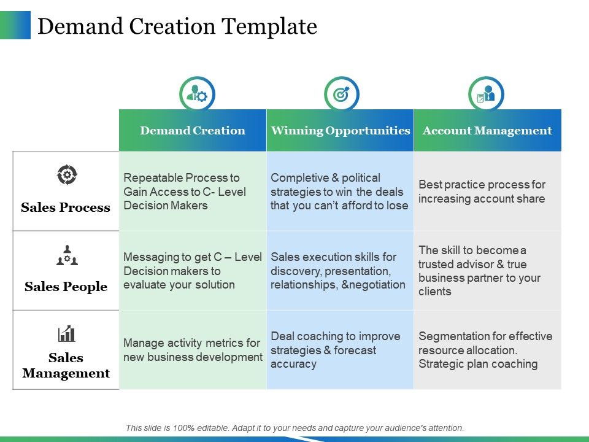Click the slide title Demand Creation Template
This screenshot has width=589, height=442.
pos(177,26)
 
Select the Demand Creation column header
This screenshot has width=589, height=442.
pos(193,130)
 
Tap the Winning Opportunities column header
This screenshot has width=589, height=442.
pos(340,130)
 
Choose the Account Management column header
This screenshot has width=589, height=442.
pos(487,130)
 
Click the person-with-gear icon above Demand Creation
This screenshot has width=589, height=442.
pos(197,94)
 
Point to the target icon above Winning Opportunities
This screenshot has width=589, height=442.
pos(341,94)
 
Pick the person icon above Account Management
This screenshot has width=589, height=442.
pos(486,94)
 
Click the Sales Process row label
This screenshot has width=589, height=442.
pos(66,207)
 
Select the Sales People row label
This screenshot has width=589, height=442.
pos(66,287)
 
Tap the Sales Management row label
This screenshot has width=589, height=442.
pos(66,365)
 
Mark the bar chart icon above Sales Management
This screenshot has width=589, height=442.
pos(66,333)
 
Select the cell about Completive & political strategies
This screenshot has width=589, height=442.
pos(339,192)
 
